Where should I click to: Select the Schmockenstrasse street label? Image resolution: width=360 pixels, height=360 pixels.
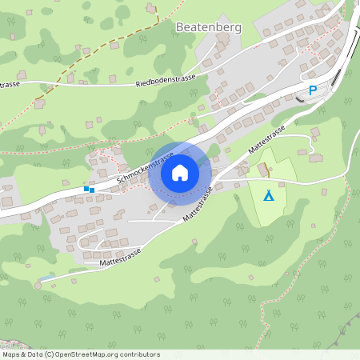(138, 171)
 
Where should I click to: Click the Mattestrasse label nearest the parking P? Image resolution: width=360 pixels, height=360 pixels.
(266, 140)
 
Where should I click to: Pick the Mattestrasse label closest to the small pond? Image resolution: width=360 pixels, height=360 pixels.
(120, 256)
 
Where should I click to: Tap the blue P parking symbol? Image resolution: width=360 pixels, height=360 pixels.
(313, 91)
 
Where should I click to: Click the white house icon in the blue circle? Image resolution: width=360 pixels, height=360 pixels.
(180, 172)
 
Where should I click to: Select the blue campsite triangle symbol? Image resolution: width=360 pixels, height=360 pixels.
(269, 195)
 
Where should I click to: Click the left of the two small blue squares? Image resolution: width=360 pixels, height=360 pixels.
(86, 189)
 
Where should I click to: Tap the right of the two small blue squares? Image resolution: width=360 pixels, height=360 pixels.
(92, 190)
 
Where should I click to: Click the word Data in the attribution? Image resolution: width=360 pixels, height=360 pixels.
(36, 354)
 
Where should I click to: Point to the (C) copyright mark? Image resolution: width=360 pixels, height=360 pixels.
(50, 354)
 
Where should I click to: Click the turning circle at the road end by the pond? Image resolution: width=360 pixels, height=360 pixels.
(38, 285)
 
